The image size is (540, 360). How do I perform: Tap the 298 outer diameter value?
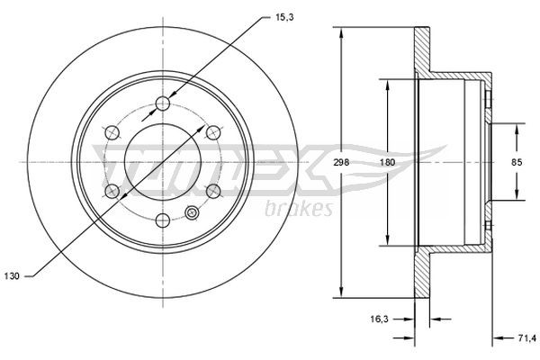pyautogui.click(x=341, y=162)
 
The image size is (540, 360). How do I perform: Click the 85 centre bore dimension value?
pyautogui.click(x=517, y=162)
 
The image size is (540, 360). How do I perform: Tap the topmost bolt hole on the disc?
pyautogui.click(x=162, y=103)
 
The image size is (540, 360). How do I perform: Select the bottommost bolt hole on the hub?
pyautogui.click(x=162, y=220)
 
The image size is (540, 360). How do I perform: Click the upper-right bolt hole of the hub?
pyautogui.click(x=213, y=132)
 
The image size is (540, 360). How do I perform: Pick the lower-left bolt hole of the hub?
pyautogui.click(x=111, y=191)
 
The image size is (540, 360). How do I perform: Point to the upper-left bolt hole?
pyautogui.click(x=111, y=132)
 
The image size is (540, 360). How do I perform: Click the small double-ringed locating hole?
pyautogui.click(x=192, y=213)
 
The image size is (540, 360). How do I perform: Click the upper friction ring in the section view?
pyautogui.click(x=421, y=54)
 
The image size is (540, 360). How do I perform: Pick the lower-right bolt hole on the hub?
pyautogui.click(x=213, y=191)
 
